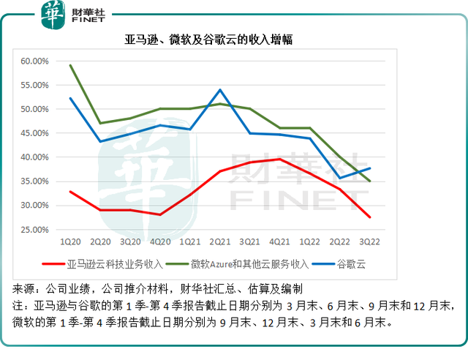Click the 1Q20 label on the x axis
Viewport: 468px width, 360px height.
70,240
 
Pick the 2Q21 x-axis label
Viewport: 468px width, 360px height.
221,240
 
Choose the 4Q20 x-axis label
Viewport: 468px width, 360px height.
161,240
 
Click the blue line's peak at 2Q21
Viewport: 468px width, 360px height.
221,90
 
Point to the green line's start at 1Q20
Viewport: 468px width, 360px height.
70,65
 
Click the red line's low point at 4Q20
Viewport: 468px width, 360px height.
161,214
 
